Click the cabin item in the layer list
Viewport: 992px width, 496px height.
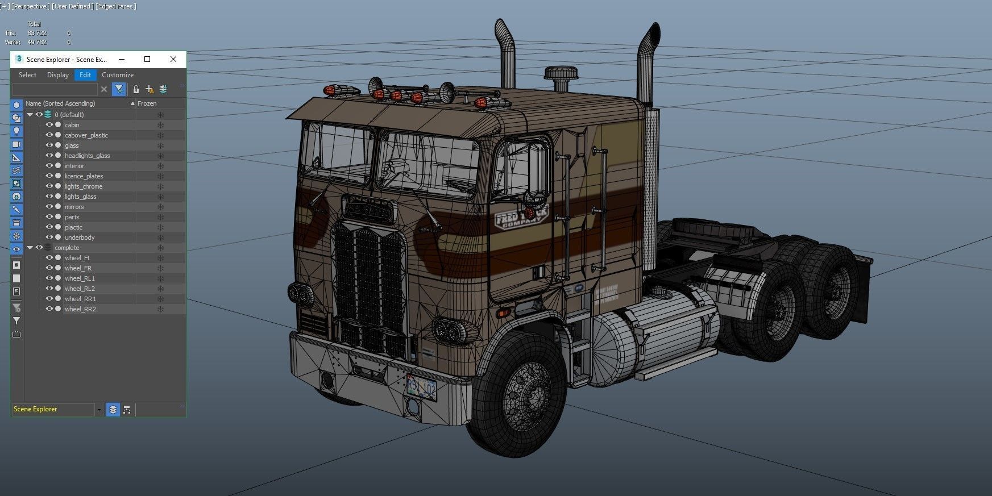pyautogui.click(x=72, y=125)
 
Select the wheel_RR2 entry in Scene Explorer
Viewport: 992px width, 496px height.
pyautogui.click(x=80, y=309)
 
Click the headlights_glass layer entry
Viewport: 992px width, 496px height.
pyautogui.click(x=87, y=156)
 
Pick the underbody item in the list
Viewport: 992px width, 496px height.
pyautogui.click(x=80, y=237)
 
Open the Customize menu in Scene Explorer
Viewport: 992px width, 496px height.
pyautogui.click(x=118, y=75)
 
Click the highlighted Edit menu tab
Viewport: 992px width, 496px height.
pyautogui.click(x=85, y=75)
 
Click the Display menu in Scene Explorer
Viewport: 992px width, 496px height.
pyautogui.click(x=57, y=75)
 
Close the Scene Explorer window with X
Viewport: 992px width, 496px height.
pyautogui.click(x=173, y=59)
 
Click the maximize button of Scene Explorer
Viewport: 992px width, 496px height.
pyautogui.click(x=147, y=59)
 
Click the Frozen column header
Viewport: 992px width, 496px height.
pyautogui.click(x=147, y=103)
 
